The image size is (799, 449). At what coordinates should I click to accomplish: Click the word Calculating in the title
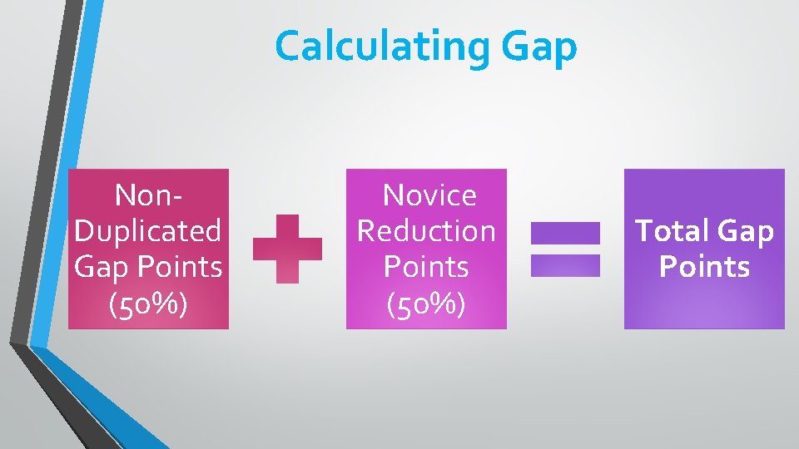[x=383, y=47]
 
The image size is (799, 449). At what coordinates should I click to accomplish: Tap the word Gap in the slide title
[x=539, y=47]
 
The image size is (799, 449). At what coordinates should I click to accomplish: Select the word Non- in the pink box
[x=148, y=195]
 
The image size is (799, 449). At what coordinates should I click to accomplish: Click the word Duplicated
[x=148, y=230]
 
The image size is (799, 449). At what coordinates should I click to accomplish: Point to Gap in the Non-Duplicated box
[x=100, y=267]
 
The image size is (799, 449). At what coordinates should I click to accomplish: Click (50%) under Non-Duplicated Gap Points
[x=148, y=303]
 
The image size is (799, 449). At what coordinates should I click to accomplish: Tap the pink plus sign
[x=287, y=249]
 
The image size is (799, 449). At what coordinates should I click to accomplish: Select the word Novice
[x=429, y=195]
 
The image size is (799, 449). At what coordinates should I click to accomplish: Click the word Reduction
[x=426, y=230]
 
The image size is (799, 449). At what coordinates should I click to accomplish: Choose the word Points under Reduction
[x=426, y=267]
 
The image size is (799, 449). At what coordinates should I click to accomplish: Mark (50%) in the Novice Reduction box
[x=426, y=303]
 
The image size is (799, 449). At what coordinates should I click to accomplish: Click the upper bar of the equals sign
[x=565, y=233]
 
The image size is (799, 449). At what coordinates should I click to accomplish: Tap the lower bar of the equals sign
[x=565, y=265]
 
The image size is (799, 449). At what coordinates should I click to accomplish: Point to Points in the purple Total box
[x=704, y=267]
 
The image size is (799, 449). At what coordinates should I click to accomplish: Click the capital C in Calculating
[x=288, y=47]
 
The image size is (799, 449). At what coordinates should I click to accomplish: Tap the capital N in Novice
[x=391, y=195]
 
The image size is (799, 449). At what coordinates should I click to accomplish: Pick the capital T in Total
[x=644, y=230]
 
